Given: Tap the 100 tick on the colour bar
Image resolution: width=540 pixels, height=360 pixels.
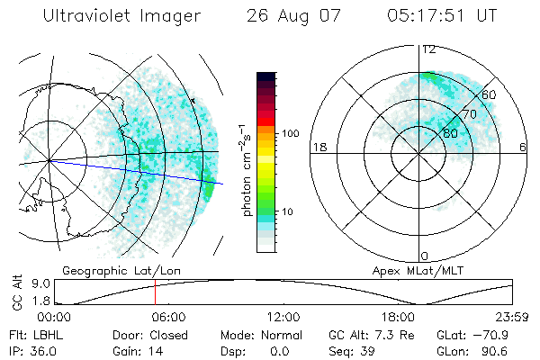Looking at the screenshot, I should tap(289, 132).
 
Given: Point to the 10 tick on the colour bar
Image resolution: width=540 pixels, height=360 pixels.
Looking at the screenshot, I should tap(288, 212).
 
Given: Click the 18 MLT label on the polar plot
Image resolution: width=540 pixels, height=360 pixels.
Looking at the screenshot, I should tap(318, 147).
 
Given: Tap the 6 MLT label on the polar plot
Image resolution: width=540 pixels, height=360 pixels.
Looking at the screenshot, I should tap(523, 147).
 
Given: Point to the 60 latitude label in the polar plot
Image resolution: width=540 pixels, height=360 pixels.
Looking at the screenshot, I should tap(490, 94).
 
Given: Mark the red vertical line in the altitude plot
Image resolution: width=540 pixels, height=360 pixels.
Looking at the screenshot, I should tap(155, 292).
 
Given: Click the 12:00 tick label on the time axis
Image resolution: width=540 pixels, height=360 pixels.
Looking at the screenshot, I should tap(283, 317).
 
